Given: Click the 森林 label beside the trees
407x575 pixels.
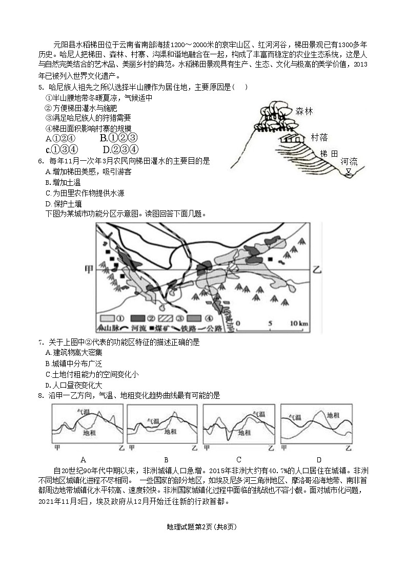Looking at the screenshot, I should pos(304,111).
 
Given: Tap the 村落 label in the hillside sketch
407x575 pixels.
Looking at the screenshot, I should pos(319,137).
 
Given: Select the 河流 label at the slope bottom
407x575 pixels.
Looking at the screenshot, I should pos(350,162).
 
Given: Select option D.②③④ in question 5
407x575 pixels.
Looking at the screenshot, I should pos(120,150).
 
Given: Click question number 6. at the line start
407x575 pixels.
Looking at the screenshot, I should pos(40,161).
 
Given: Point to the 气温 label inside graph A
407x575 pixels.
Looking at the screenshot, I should pos(84,412).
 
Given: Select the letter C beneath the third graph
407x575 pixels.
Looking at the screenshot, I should pos(239,459).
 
